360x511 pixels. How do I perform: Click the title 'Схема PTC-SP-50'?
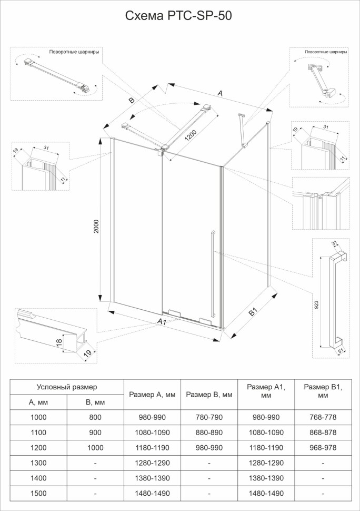pos(178,16)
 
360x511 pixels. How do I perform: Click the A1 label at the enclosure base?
pos(162,321)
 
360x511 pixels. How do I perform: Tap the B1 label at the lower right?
pos(253,313)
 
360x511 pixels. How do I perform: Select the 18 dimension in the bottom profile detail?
pos(59,342)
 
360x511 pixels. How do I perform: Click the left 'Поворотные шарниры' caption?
pos(74,52)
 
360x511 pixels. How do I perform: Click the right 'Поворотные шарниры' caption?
pos(326,52)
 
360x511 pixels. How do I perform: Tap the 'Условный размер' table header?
pos(66,387)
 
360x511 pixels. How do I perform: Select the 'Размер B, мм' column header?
pos(209,395)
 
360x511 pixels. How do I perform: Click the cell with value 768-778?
pos(323,417)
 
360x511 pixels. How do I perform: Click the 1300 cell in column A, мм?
pos(39,463)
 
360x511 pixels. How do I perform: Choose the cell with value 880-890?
pos(209,433)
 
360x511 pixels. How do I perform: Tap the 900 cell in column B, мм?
pos(95,433)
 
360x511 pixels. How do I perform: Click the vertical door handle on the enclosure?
pos(212,274)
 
